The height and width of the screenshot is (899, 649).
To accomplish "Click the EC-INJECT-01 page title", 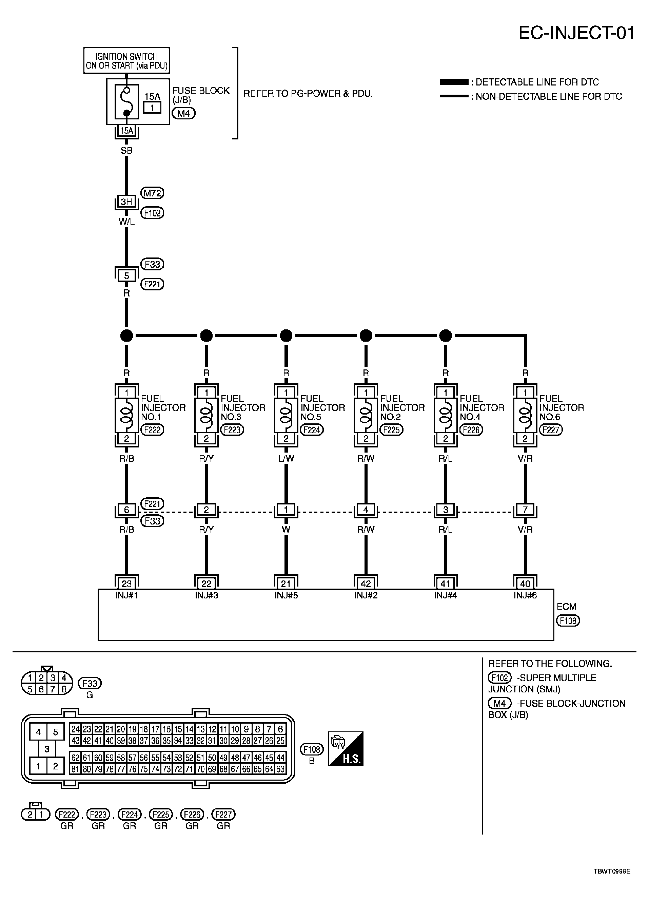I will pyautogui.click(x=576, y=33).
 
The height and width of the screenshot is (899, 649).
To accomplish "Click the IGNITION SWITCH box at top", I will pyautogui.click(x=126, y=61).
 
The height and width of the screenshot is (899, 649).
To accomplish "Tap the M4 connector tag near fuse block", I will pyautogui.click(x=183, y=113).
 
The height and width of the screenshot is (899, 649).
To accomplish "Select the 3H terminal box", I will pyautogui.click(x=126, y=202).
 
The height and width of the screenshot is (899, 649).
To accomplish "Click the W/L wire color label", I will pyautogui.click(x=126, y=222).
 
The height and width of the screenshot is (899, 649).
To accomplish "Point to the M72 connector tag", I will pyautogui.click(x=153, y=193).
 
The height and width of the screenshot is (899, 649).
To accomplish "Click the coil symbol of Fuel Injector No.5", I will pyautogui.click(x=286, y=415).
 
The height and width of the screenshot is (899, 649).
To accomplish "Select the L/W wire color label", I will pyautogui.click(x=286, y=459).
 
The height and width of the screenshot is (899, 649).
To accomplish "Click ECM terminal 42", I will pyautogui.click(x=366, y=584).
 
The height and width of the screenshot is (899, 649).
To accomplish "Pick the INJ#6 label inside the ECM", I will pyautogui.click(x=525, y=595).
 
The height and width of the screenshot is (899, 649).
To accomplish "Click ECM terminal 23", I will pyautogui.click(x=126, y=584).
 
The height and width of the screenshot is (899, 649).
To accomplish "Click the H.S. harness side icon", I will pyautogui.click(x=346, y=749).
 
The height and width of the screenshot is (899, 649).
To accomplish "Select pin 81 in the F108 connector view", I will pyautogui.click(x=75, y=769).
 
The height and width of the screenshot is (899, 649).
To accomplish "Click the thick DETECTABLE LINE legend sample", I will pyautogui.click(x=454, y=82).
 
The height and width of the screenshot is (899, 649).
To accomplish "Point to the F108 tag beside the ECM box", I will pyautogui.click(x=568, y=621).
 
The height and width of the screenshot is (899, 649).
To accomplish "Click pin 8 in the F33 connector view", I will pyautogui.click(x=63, y=689).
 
